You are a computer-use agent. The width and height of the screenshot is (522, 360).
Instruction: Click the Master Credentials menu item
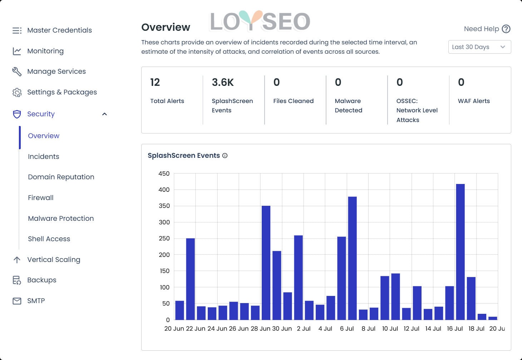pos(59,30)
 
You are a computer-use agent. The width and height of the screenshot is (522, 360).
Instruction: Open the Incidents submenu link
pos(44,156)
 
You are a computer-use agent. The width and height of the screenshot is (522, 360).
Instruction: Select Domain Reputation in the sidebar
pos(61,177)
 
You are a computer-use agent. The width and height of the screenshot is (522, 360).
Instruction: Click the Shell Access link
pos(49,239)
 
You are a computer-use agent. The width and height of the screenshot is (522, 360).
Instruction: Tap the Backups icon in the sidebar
pos(17,280)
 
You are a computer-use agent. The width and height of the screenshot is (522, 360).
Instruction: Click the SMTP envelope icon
pos(17,301)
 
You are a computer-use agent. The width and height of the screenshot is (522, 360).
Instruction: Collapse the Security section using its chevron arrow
pos(104,114)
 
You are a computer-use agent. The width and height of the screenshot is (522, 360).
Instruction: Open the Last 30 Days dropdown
pos(479,47)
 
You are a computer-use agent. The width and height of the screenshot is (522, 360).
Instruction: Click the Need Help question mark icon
pos(506,29)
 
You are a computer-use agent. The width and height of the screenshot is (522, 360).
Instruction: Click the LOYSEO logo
pos(260,21)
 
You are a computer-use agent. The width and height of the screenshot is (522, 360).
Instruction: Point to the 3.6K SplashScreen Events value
pos(222,82)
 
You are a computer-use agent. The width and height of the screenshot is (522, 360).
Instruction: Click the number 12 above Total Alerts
pos(155,82)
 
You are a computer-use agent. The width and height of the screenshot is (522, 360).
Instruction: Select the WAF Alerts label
pos(474,101)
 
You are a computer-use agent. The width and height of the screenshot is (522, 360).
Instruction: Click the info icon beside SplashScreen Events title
pos(225,156)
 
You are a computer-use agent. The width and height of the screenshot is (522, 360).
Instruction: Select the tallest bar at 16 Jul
pos(460,250)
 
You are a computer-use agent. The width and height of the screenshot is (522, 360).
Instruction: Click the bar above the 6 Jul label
pos(352,258)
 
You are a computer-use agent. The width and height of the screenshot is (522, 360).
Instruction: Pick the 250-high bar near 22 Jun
pos(191,279)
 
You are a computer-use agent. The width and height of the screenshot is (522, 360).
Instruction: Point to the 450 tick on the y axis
pos(164,174)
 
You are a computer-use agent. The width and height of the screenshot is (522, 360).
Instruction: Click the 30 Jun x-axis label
pos(282,329)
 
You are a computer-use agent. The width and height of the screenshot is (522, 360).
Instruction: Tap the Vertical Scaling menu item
pos(54,259)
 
